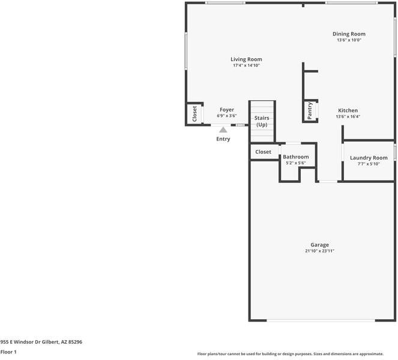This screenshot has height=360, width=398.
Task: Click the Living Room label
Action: point(246,59)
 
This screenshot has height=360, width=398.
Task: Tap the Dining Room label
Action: point(349,34)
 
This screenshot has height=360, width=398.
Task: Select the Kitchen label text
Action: point(348,110)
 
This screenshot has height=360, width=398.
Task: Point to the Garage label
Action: point(319,245)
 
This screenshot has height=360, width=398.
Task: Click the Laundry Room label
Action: point(369,158)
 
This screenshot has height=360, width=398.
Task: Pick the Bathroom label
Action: point(295,157)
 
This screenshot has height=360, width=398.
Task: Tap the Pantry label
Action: point(310,111)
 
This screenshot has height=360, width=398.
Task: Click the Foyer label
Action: point(226,110)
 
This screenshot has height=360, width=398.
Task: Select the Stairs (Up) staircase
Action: point(262,121)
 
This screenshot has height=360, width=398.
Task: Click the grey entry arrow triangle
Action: point(223,129)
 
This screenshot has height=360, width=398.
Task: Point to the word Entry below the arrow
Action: point(223,139)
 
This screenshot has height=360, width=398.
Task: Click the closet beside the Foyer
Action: point(194,113)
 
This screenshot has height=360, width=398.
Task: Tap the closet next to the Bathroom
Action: point(263,152)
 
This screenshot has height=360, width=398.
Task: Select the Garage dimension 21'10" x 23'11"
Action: point(319,251)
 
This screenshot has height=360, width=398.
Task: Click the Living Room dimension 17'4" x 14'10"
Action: point(246,65)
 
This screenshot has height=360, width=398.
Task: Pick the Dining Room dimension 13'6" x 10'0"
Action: point(349,41)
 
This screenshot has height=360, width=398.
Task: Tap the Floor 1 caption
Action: point(8,352)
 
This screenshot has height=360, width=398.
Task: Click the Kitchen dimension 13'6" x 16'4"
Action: point(348,117)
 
